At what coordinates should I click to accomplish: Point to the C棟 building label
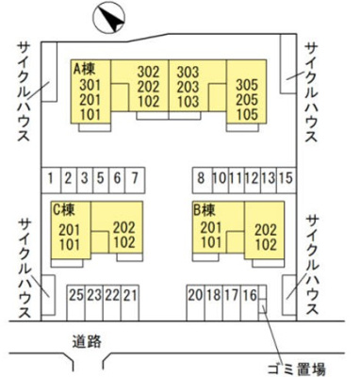[64, 208]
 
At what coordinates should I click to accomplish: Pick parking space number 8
[200, 177]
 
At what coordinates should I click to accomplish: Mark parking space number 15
[286, 177]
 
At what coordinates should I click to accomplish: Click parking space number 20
[195, 295]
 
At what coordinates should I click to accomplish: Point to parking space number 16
[249, 295]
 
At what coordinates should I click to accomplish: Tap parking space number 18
[213, 295]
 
